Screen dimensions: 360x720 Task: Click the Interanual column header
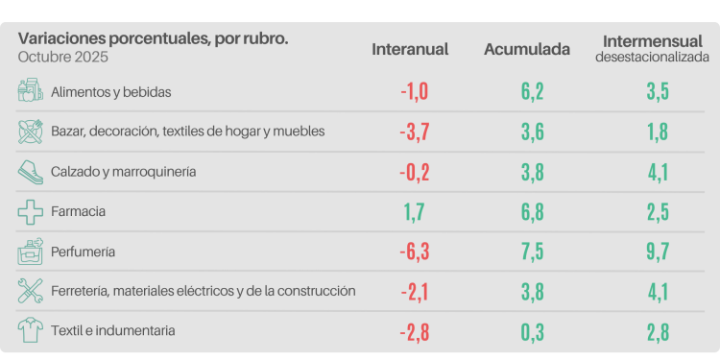point(410,49)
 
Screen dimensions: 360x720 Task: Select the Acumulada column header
point(527,49)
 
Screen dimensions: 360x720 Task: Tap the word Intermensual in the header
point(652,41)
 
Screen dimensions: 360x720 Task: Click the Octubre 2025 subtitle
point(62,57)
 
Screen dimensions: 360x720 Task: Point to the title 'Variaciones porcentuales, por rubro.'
point(153,38)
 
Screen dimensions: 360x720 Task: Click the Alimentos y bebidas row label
point(111,91)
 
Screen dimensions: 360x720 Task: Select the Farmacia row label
point(79,210)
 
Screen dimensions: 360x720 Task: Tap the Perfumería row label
point(84,251)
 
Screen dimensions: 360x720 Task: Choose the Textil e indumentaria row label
point(113,330)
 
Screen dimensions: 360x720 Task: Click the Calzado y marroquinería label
point(124,171)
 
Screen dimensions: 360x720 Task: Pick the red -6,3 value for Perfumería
point(415,252)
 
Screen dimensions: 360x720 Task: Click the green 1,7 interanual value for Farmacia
point(415,211)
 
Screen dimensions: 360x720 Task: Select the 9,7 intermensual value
point(657,252)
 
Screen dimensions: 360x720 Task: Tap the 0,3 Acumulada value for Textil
point(535,332)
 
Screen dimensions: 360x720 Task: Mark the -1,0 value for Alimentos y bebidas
point(415,92)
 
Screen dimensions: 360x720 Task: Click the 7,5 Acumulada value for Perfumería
point(535,252)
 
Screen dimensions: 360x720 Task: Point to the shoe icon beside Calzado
point(31,171)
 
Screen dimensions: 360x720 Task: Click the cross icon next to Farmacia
point(31,210)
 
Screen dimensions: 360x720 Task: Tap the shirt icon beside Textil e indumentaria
point(31,330)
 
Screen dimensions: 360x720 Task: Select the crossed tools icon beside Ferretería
point(31,290)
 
